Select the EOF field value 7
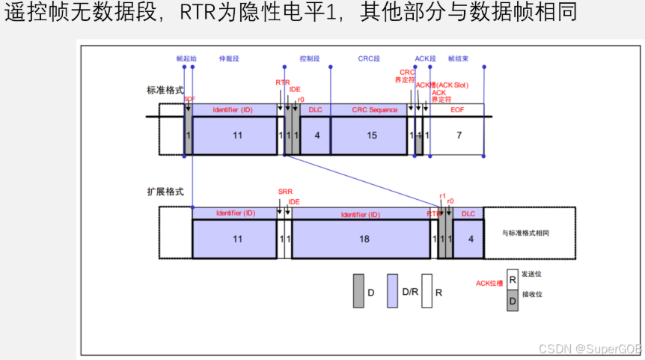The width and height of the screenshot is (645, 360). [458, 135]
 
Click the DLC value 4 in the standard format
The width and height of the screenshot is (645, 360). [317, 135]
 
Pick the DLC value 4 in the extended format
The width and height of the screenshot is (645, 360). [470, 240]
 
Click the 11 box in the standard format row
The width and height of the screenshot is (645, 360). [236, 135]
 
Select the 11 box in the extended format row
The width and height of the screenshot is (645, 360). [236, 240]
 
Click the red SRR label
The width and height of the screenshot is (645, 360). [285, 192]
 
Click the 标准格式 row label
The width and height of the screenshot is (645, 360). [165, 91]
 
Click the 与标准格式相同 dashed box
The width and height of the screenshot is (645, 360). [530, 233]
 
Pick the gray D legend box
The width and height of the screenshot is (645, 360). [358, 291]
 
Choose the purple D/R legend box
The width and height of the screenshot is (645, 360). [393, 291]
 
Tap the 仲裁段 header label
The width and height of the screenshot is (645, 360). [229, 58]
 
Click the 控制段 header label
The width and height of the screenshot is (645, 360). [309, 58]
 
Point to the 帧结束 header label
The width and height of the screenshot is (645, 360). [459, 58]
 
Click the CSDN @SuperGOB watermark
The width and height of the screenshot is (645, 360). [590, 349]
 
